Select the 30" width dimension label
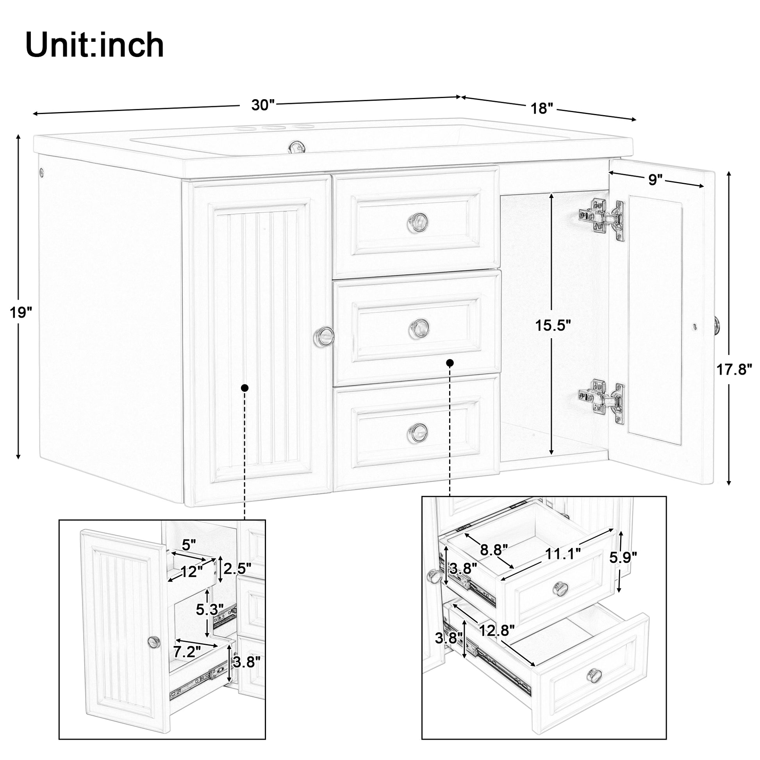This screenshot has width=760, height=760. (x=262, y=105)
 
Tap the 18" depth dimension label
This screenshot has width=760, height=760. (x=542, y=109)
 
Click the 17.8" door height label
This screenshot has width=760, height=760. (x=734, y=370)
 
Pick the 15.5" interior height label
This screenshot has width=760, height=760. (x=552, y=325)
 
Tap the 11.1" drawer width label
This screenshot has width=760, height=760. (x=563, y=554)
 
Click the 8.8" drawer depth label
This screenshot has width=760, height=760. (x=494, y=549)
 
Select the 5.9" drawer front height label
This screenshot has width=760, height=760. (x=623, y=557)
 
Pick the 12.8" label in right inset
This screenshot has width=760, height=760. (x=497, y=631)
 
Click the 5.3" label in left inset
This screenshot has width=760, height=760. (x=210, y=610)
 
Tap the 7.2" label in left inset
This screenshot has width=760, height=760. (x=187, y=652)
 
